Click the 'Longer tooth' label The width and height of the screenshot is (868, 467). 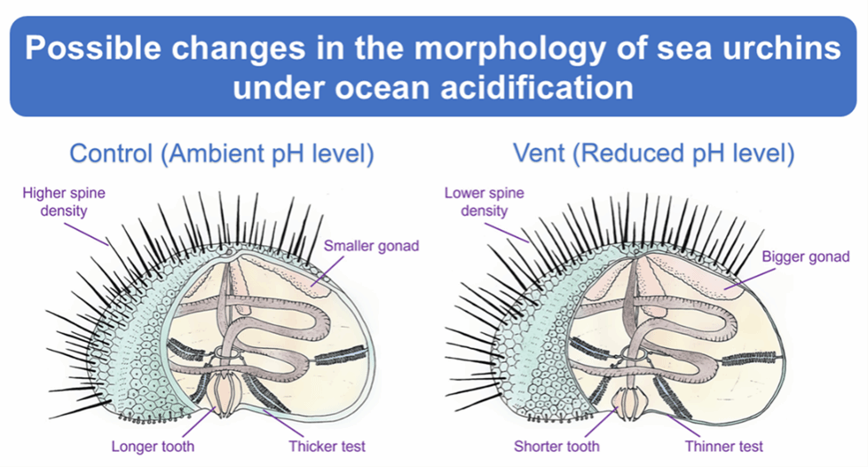pos(154,445)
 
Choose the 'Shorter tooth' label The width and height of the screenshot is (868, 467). pos(556,445)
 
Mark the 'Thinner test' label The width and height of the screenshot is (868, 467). pos(724,445)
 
